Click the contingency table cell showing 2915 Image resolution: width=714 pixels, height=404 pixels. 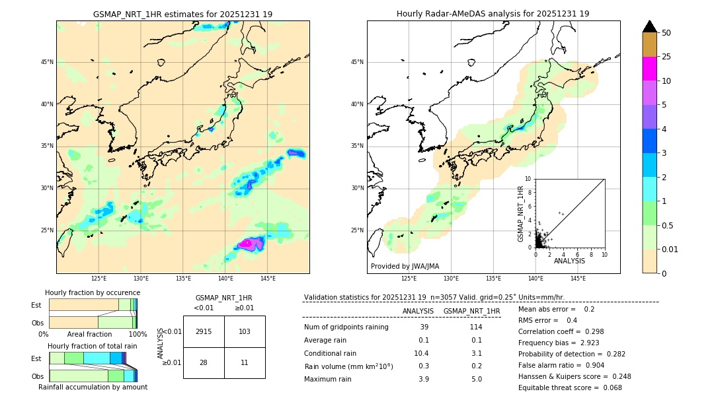(x=204, y=331)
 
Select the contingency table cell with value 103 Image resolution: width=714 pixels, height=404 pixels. (x=245, y=331)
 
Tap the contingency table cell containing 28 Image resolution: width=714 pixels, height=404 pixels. (x=204, y=363)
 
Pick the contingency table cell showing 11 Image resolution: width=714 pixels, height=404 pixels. (x=245, y=363)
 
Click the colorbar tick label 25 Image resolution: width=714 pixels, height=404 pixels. (x=666, y=57)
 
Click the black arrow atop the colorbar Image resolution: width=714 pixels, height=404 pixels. (x=650, y=26)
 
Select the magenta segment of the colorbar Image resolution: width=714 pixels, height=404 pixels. (x=650, y=69)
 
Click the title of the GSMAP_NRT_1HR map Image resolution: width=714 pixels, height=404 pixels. (x=182, y=14)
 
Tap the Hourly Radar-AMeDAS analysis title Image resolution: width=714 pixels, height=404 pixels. (x=493, y=14)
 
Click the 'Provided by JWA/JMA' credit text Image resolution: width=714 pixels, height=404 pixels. (x=405, y=266)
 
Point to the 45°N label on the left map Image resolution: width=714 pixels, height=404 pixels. (x=47, y=62)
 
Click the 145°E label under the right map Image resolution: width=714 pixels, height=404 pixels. (x=578, y=279)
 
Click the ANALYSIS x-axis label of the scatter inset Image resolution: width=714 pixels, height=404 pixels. (x=569, y=261)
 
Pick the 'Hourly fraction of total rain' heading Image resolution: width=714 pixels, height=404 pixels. (x=93, y=346)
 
